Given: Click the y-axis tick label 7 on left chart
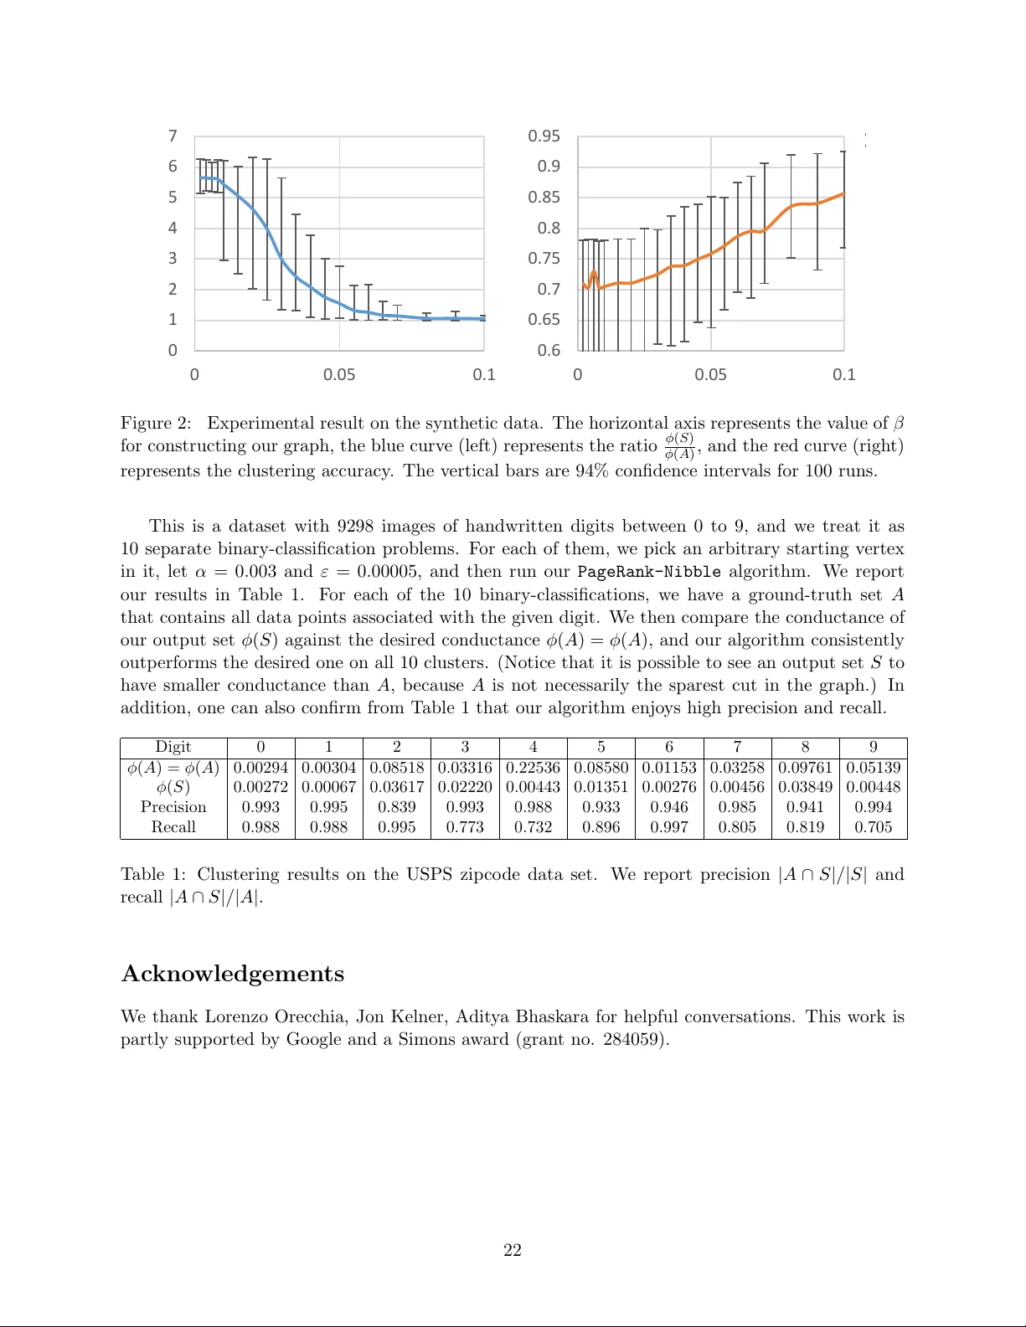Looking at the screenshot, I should tap(173, 136).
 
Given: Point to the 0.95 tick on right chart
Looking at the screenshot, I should tap(544, 136).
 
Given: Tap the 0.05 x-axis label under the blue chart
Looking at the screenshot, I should tap(339, 374).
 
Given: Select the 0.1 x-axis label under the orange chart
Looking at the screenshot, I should tap(843, 374).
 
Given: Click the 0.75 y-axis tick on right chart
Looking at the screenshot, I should tap(544, 259).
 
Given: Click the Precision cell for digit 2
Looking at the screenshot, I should tap(396, 807).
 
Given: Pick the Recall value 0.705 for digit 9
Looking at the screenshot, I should tap(873, 827).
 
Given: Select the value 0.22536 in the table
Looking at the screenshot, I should tap(533, 768).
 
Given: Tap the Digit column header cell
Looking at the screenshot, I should tap(173, 747).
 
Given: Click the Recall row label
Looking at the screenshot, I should tap(173, 827).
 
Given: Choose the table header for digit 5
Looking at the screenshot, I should tap(601, 747).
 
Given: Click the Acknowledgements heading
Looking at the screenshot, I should tap(233, 974).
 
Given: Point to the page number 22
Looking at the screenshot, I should tap(513, 1250).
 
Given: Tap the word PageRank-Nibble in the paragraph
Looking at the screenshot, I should tap(648, 572).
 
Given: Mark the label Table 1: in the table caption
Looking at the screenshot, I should tap(153, 874).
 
